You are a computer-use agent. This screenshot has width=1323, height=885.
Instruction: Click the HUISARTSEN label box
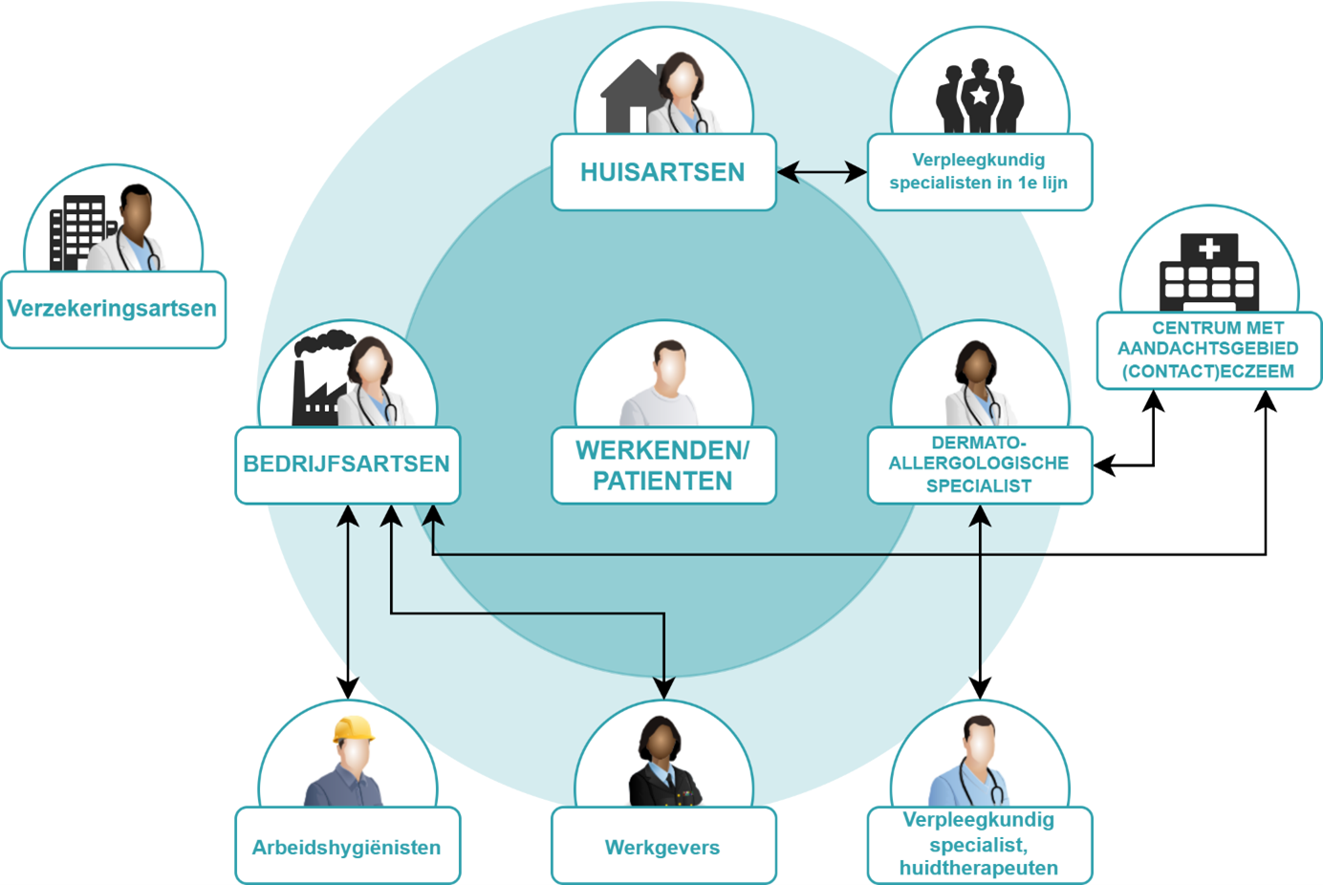pyautogui.click(x=662, y=172)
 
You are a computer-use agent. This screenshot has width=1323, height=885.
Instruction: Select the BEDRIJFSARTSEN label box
pyautogui.click(x=347, y=464)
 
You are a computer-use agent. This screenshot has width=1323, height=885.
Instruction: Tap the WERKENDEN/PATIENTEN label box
pyautogui.click(x=662, y=465)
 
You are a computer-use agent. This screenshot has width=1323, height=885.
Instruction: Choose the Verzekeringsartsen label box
pyautogui.click(x=113, y=309)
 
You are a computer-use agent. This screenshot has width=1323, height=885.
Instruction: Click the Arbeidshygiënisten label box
pyautogui.click(x=347, y=847)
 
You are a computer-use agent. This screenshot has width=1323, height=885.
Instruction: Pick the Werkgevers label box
pyautogui.click(x=662, y=847)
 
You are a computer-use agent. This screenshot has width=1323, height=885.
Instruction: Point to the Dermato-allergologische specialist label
pyautogui.click(x=979, y=464)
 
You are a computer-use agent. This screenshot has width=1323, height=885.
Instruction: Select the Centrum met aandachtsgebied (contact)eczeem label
pyautogui.click(x=1208, y=350)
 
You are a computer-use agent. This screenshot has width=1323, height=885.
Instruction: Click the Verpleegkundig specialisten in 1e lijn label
pyautogui.click(x=979, y=172)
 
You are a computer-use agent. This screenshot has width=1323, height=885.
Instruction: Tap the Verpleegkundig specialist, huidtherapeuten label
pyautogui.click(x=979, y=845)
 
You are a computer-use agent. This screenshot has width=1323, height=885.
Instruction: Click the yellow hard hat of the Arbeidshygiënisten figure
pyautogui.click(x=353, y=729)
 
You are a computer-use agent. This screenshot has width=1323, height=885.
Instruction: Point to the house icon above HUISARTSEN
pyautogui.click(x=631, y=96)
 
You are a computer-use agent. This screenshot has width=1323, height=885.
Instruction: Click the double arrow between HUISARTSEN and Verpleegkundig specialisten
pyautogui.click(x=822, y=172)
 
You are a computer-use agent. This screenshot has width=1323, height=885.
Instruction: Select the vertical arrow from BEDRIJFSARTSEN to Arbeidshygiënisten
pyautogui.click(x=348, y=602)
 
